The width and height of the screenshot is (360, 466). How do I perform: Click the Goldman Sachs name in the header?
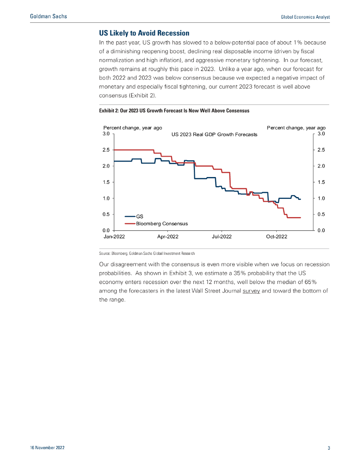click(48, 16)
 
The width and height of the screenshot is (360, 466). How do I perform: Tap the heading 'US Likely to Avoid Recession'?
click(144, 33)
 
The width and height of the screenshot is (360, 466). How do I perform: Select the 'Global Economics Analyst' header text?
click(304, 17)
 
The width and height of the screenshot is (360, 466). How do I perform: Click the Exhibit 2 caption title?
click(174, 111)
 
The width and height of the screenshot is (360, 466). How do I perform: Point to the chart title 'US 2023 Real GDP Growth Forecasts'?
click(214, 134)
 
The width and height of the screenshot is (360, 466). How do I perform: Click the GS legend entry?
click(139, 217)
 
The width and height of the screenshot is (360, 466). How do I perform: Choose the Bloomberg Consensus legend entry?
click(162, 224)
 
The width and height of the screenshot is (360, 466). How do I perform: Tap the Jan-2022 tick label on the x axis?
click(114, 237)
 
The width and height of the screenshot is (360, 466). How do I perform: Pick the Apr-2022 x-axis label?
click(167, 237)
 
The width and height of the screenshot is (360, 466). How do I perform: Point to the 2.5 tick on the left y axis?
click(106, 150)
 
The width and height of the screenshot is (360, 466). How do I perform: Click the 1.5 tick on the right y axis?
click(320, 182)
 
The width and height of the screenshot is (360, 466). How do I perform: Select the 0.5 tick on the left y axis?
click(106, 214)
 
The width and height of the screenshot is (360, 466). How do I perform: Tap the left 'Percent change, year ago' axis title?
click(133, 128)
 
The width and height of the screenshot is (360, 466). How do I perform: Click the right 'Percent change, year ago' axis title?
click(296, 128)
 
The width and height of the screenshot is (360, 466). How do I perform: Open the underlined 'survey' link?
click(251, 291)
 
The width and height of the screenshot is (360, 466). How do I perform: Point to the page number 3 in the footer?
click(329, 448)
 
